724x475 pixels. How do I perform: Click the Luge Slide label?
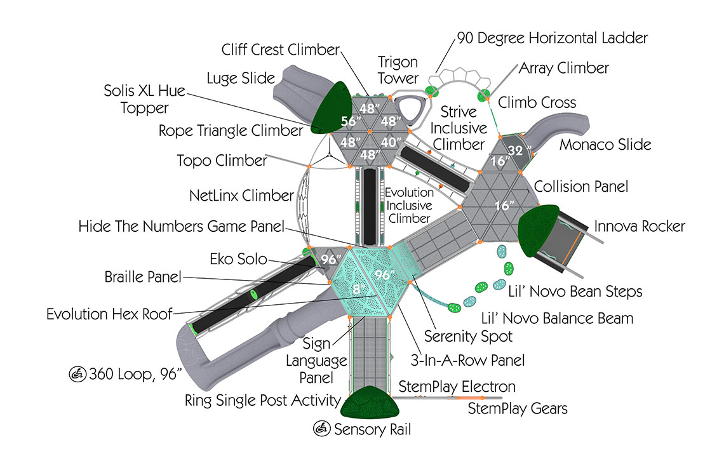pyautogui.click(x=241, y=79)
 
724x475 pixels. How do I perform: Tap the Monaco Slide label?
pyautogui.click(x=605, y=145)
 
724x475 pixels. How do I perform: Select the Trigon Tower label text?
pyautogui.click(x=398, y=70)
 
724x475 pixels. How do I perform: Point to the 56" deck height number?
pyautogui.click(x=349, y=122)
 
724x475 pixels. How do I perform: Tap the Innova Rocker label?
pyautogui.click(x=640, y=226)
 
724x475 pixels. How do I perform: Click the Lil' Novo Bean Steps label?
pyautogui.click(x=575, y=291)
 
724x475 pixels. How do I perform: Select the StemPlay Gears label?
pyautogui.click(x=518, y=408)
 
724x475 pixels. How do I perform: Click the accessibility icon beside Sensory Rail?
pyautogui.click(x=322, y=429)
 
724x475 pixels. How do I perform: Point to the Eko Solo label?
pyautogui.click(x=238, y=258)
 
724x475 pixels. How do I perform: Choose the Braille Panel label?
pyautogui.click(x=144, y=278)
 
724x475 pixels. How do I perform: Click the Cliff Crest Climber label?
pyautogui.click(x=280, y=50)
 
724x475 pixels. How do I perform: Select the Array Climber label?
pyautogui.click(x=564, y=68)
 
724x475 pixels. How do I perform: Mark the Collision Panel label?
pyautogui.click(x=581, y=187)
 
